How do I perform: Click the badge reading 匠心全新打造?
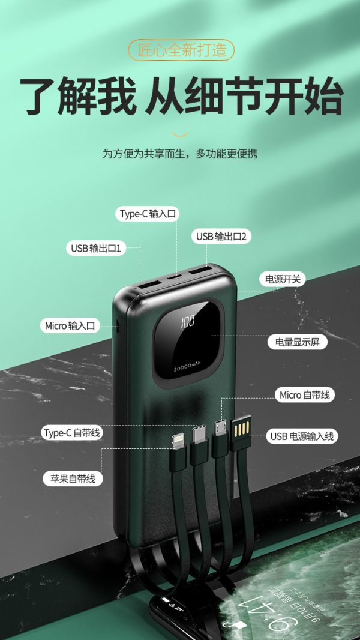click(181, 50)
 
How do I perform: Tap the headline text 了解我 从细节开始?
click(181, 97)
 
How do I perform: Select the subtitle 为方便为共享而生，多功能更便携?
click(180, 154)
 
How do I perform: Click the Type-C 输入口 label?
click(149, 214)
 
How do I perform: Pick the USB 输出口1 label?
click(96, 248)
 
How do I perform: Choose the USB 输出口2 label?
click(221, 237)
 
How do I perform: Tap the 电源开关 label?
click(282, 279)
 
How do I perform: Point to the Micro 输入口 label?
click(70, 325)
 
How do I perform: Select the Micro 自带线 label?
click(304, 395)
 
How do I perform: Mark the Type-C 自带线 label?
click(72, 432)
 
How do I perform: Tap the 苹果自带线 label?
click(73, 478)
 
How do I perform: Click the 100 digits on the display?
click(187, 322)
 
